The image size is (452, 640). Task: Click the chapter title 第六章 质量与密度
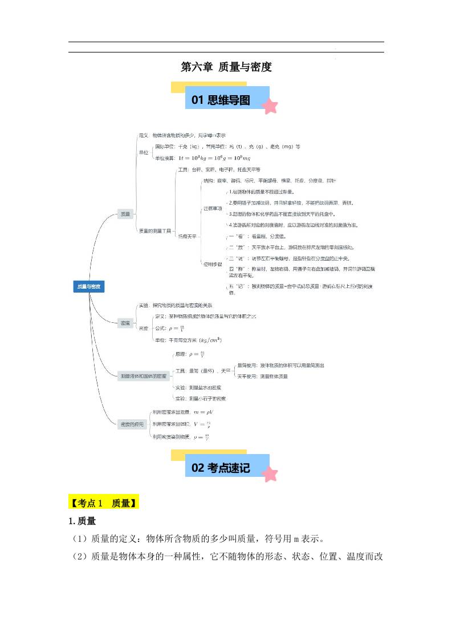point(226,67)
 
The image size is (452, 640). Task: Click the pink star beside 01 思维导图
point(270,106)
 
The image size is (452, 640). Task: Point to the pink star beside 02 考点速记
point(270,473)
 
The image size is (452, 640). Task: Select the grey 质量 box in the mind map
point(125,214)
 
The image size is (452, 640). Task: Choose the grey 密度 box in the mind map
point(125,323)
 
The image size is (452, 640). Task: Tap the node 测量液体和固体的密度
point(143,376)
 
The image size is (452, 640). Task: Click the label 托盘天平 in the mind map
point(187,236)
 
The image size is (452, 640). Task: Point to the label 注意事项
point(212,209)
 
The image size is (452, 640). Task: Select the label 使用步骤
point(212,264)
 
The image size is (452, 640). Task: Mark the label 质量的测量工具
point(154,230)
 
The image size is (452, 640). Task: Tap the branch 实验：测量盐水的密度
point(198,387)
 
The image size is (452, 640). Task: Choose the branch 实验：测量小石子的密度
point(200,398)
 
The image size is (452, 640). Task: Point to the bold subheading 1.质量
point(82,521)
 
